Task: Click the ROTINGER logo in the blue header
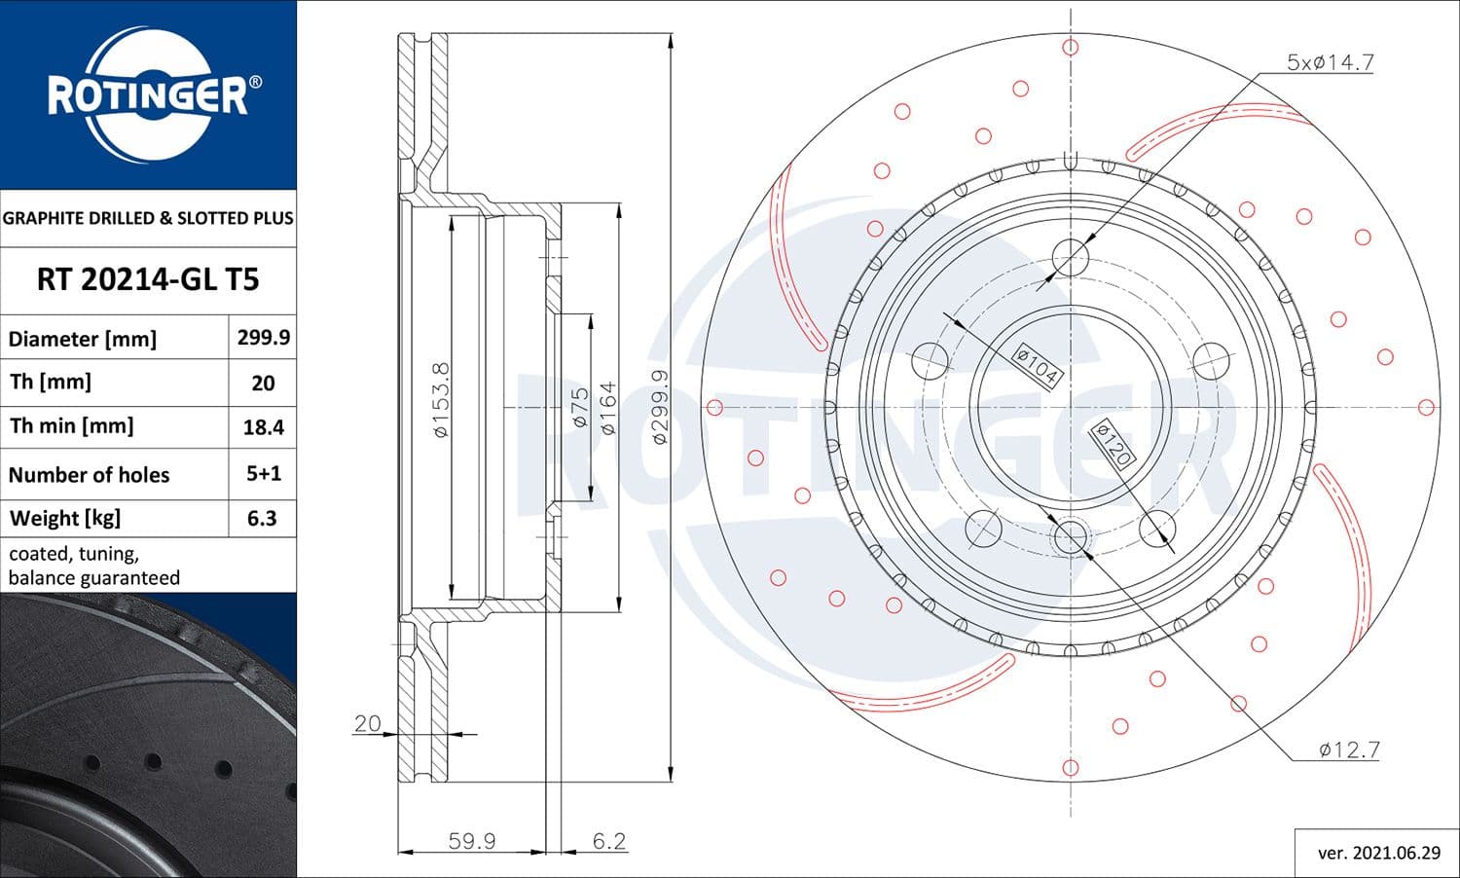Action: coord(148,94)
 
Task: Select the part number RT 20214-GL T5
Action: coord(148,280)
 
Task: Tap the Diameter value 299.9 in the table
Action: coord(263,338)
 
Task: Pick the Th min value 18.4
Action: coord(263,427)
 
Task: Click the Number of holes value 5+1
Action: coord(263,474)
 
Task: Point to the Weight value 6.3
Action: coord(262,519)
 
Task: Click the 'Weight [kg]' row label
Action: coord(65,519)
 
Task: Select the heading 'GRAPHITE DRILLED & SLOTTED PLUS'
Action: coord(148,218)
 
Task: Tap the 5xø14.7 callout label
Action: coord(1330,63)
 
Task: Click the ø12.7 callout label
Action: coord(1349,750)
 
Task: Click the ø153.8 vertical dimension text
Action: coord(441,399)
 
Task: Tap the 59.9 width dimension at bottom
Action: coord(472,841)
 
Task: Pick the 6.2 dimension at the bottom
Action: coord(609,841)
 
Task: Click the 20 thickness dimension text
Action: coord(367,723)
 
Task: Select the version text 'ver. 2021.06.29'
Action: coord(1378,853)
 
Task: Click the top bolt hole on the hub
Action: coord(1070,258)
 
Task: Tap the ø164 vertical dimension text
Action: coord(608,408)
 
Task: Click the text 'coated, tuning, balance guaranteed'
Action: coord(94,566)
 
